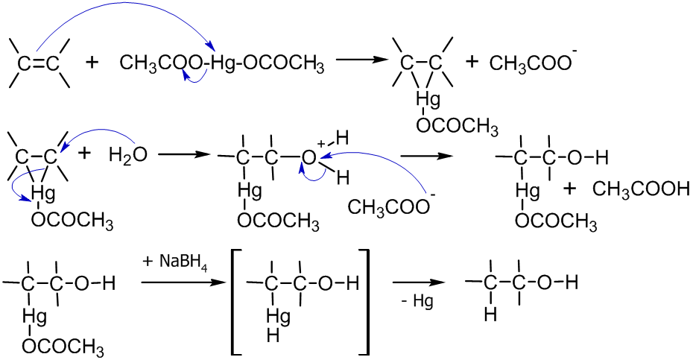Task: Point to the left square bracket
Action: point(236,302)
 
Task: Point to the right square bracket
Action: point(364,302)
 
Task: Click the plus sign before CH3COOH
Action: point(570,189)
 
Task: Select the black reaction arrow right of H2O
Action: point(181,155)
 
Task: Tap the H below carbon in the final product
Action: point(490,315)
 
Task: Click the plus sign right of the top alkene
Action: point(92,63)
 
